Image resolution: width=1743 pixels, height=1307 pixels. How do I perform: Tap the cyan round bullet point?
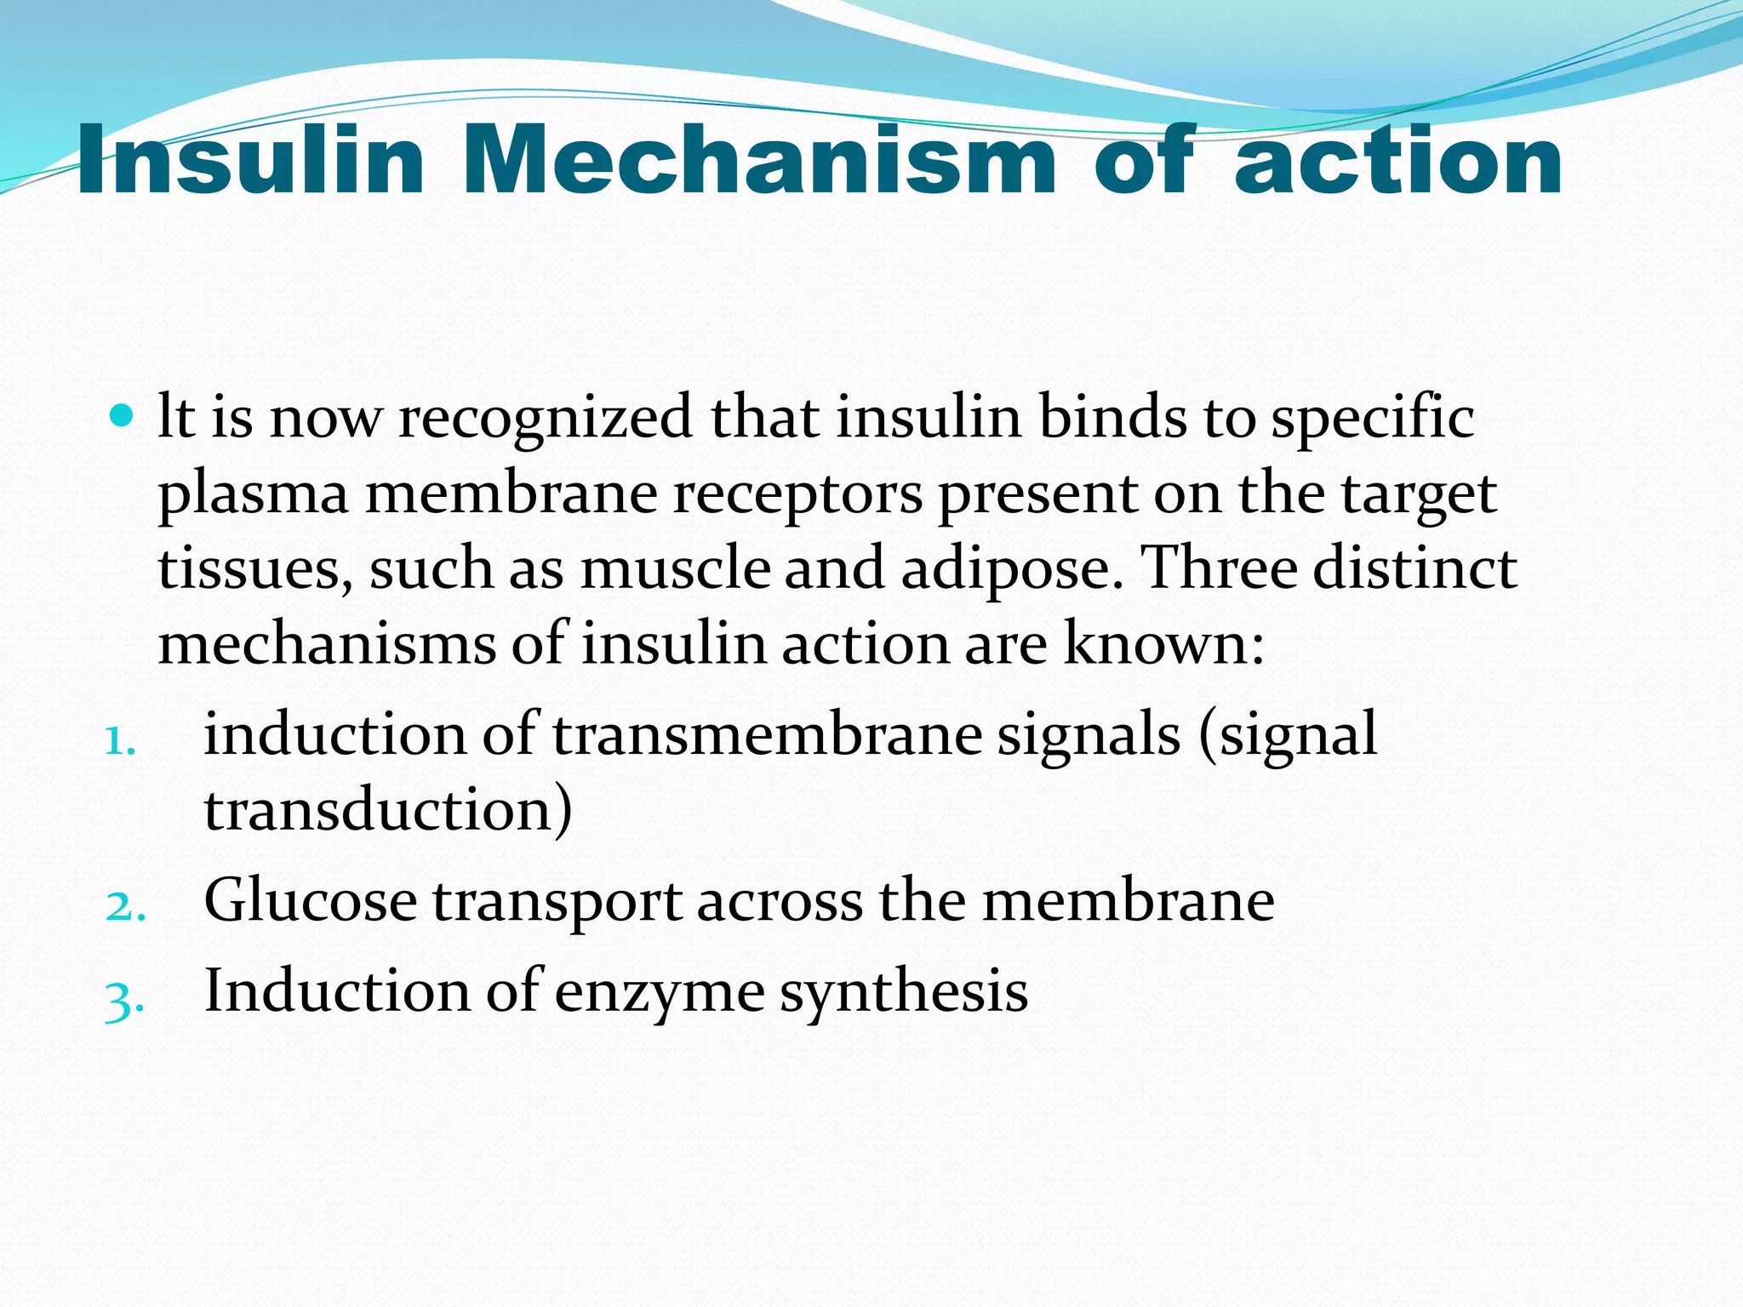(x=123, y=416)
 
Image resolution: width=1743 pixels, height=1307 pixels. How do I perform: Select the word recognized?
(x=545, y=419)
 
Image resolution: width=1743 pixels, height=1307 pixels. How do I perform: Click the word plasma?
(x=253, y=495)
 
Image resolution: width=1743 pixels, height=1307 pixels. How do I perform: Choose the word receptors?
(x=797, y=495)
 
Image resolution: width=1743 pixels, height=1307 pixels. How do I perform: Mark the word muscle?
(x=676, y=568)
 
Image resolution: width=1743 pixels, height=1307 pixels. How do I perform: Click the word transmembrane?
(x=767, y=733)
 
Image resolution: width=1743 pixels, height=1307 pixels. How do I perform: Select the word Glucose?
(x=311, y=900)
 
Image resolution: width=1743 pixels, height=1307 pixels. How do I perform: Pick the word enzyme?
(x=660, y=992)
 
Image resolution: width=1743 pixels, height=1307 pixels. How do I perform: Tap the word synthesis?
(x=904, y=992)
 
